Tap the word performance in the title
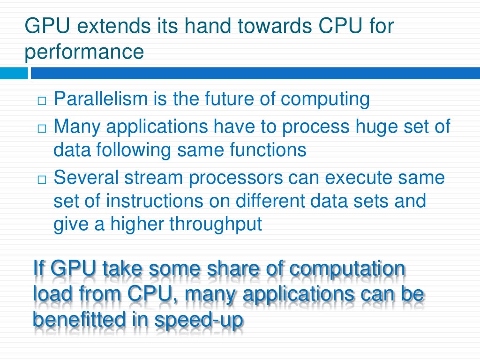pyautogui.click(x=84, y=52)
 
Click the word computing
pyautogui.click(x=325, y=99)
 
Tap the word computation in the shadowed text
pyautogui.click(x=347, y=270)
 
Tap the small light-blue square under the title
pyautogui.click(x=14, y=74)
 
